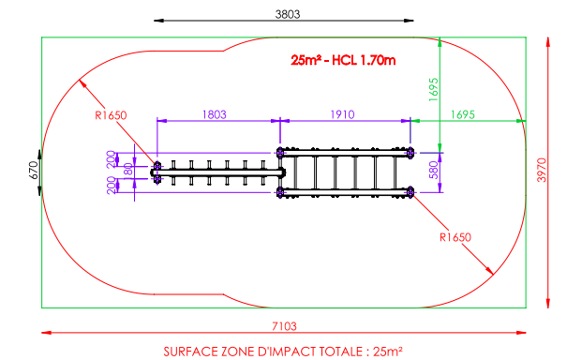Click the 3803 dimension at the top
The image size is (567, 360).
click(288, 14)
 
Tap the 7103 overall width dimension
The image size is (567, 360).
click(284, 326)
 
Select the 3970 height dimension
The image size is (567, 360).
click(542, 170)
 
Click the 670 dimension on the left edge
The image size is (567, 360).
click(33, 170)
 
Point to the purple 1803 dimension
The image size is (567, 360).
click(214, 114)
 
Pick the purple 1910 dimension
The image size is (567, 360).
click(342, 114)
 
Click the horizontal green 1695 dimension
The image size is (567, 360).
click(462, 114)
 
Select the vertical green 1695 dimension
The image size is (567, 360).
click(433, 89)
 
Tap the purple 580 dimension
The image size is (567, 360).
click(433, 170)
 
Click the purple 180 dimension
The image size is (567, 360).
click(128, 170)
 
